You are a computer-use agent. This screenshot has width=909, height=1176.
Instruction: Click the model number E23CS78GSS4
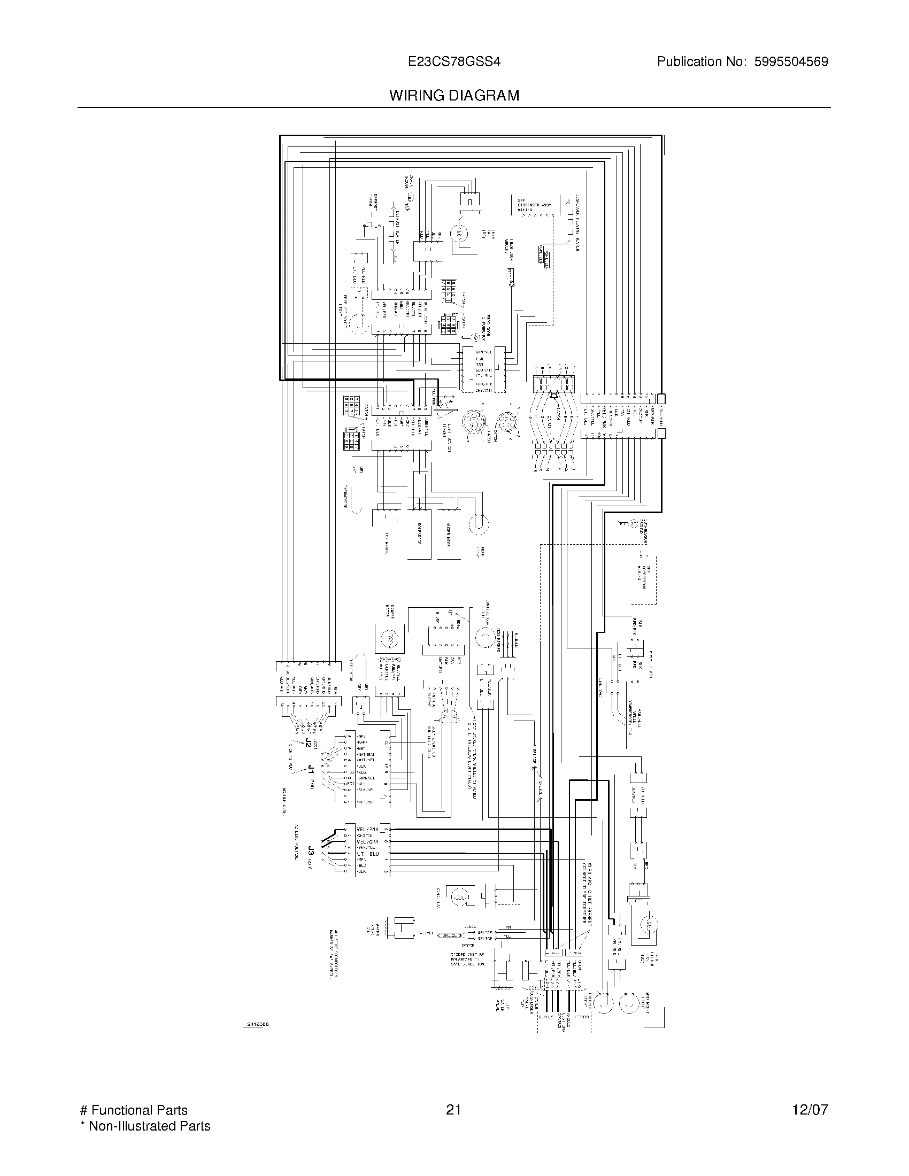(454, 62)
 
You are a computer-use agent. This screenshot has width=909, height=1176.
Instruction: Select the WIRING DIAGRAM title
(454, 96)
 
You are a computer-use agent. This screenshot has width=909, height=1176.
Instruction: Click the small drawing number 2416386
(257, 1024)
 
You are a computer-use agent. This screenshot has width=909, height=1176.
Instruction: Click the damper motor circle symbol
(388, 639)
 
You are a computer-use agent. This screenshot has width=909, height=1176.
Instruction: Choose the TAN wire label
(479, 365)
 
